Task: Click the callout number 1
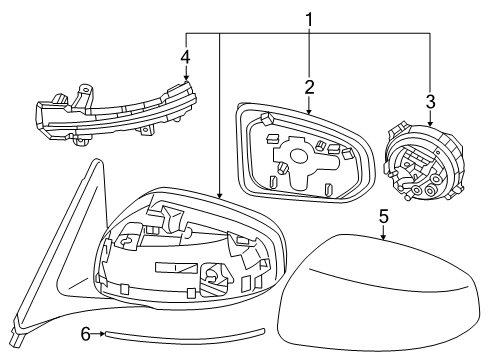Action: tap(310, 20)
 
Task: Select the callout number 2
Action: tap(309, 87)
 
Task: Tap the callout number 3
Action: tap(430, 102)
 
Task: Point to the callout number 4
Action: tap(186, 57)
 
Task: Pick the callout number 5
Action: tap(384, 216)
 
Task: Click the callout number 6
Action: tap(86, 334)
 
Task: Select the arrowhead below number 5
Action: tap(384, 236)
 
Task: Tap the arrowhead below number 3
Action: tap(430, 122)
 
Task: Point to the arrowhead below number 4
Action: tap(186, 77)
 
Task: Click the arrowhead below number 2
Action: tap(309, 111)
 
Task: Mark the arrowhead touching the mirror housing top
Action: tap(219, 195)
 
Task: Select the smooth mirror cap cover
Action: tap(377, 293)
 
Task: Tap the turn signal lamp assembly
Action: tap(115, 112)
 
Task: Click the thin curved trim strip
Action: tap(185, 338)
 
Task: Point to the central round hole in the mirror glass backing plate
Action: tap(298, 156)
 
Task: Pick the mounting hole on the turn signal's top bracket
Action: tap(86, 90)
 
